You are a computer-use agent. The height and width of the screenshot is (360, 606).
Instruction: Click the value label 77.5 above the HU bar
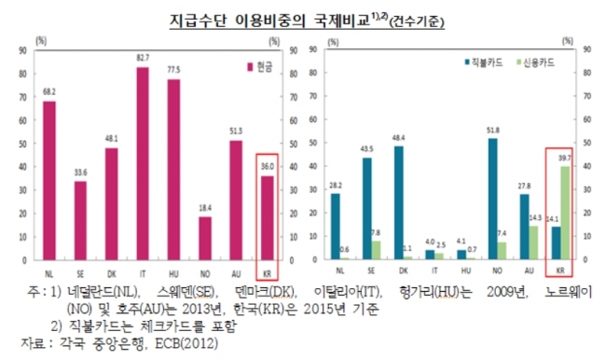(174, 70)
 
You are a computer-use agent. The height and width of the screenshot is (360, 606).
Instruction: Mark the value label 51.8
(493, 131)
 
